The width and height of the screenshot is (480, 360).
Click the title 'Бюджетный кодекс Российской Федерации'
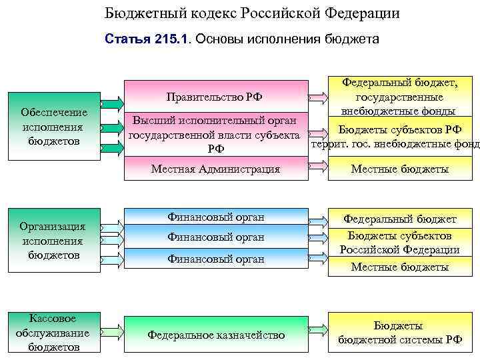click(x=253, y=14)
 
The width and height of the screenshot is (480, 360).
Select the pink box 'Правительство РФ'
click(x=215, y=97)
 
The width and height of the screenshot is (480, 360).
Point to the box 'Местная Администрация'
click(x=215, y=169)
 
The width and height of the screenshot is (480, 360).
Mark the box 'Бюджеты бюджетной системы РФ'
click(x=400, y=332)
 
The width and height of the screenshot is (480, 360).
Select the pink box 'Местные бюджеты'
click(x=400, y=169)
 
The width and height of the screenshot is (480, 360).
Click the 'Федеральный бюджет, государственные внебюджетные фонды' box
click(x=400, y=97)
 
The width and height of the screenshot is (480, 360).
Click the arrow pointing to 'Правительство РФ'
click(x=112, y=103)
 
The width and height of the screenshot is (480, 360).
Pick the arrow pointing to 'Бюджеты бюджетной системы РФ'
click(x=319, y=329)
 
